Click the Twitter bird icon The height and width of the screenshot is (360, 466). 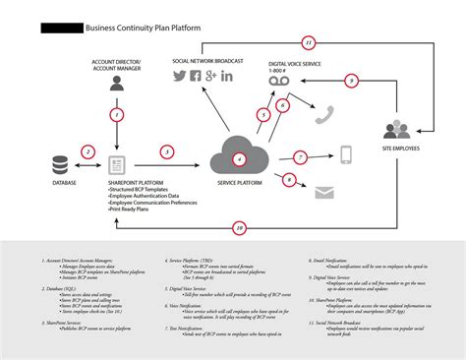tap(180, 76)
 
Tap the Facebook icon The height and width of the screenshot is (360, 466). tap(195, 76)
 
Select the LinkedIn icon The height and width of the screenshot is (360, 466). tap(227, 76)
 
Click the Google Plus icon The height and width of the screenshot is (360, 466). tap(210, 76)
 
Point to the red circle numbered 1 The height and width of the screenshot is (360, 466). tap(118, 114)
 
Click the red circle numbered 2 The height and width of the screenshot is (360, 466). tap(87, 151)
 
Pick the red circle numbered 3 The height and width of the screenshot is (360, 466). tap(168, 151)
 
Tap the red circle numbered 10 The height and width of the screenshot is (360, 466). tap(239, 228)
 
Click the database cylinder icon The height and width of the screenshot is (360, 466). tap(62, 163)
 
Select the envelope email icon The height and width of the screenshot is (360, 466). tap(325, 194)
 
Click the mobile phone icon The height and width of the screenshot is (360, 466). tap(346, 154)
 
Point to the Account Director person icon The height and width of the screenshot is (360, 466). tap(118, 85)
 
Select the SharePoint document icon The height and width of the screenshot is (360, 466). tap(118, 164)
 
